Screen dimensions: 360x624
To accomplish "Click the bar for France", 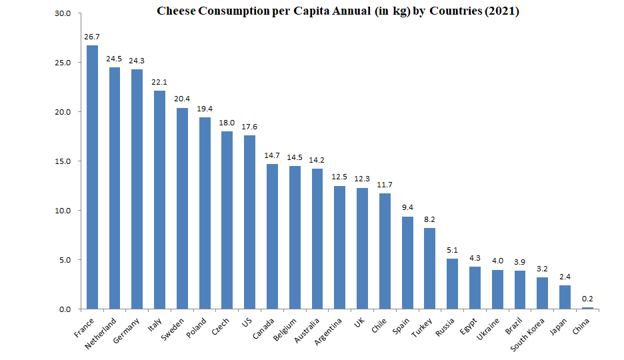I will (x=92, y=177).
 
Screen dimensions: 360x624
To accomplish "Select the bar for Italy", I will (x=159, y=200).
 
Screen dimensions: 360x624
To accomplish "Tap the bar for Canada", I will (x=272, y=237).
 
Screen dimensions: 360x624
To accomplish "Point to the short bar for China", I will (x=587, y=308).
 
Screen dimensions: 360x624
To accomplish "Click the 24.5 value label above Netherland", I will (x=115, y=59).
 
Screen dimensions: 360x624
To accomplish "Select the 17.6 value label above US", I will (x=249, y=127).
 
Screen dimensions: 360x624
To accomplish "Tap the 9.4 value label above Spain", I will (x=407, y=207).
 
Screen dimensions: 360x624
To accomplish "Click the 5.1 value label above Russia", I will (x=452, y=250).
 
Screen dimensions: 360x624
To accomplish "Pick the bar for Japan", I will (x=565, y=297).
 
